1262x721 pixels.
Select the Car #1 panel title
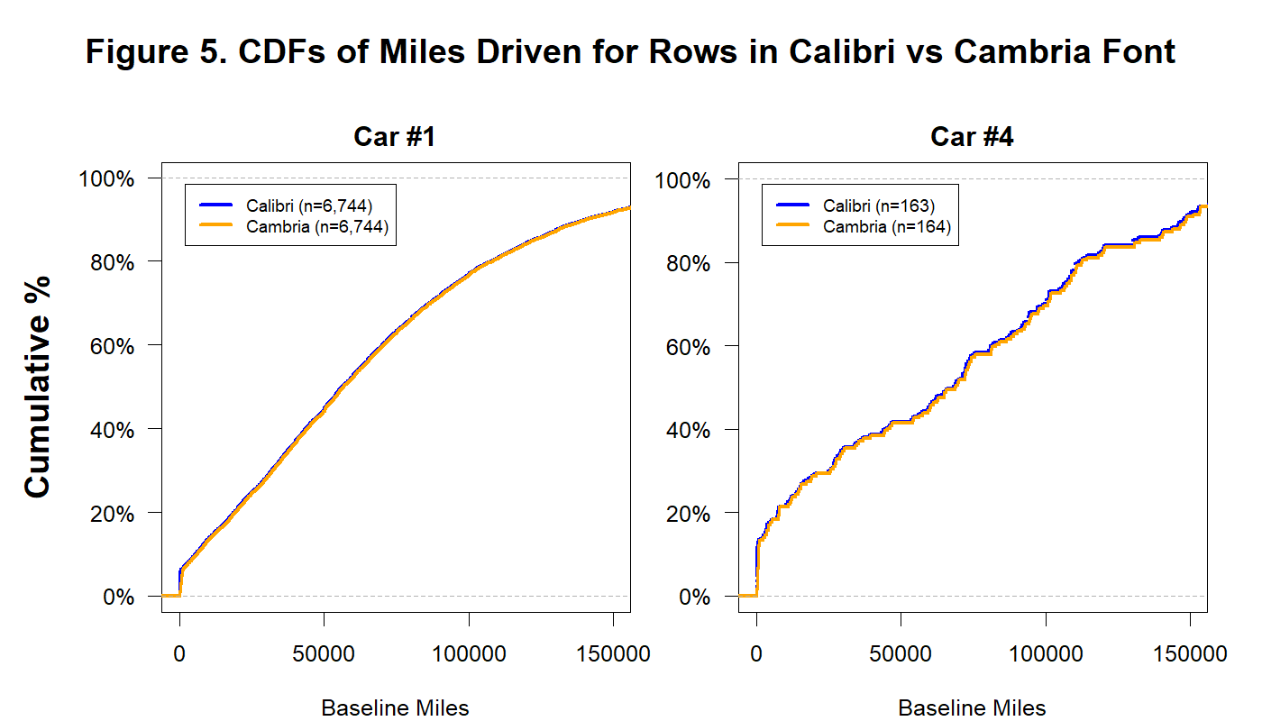396,137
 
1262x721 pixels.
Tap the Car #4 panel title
973,137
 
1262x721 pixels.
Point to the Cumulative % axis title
38,386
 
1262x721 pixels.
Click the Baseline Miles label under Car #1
396,707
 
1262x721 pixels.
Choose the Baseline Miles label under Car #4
973,707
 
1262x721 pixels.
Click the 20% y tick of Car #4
688,513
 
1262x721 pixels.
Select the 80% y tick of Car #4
688,262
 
